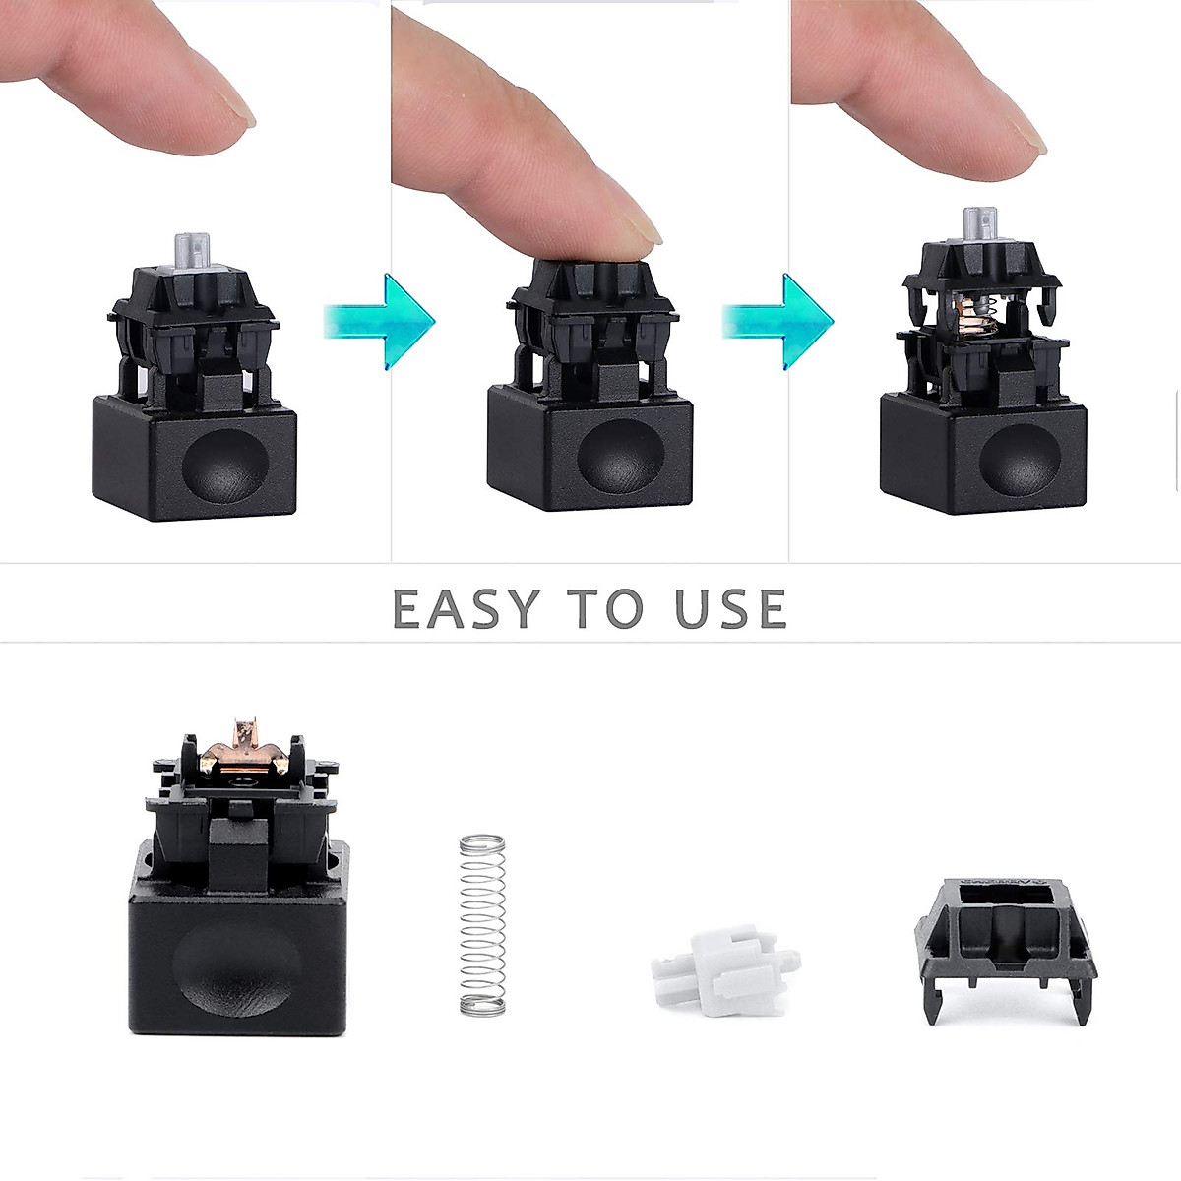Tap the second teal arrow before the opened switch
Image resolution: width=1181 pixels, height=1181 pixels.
tap(777, 321)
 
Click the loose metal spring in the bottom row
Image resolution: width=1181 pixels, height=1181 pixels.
tap(482, 925)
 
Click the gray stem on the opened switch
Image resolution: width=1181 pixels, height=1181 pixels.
tap(979, 227)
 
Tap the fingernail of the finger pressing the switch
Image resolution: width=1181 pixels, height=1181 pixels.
tap(645, 233)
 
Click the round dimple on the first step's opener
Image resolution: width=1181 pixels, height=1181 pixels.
tap(225, 461)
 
